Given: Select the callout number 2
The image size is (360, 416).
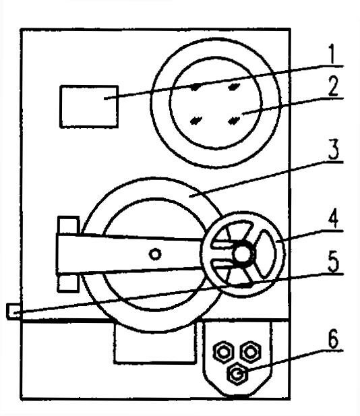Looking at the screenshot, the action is [x=333, y=86].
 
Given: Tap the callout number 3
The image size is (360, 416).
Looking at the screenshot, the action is [x=334, y=150].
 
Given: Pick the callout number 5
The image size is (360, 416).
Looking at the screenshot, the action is [x=334, y=262].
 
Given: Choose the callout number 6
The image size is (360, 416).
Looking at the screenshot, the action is [x=333, y=338].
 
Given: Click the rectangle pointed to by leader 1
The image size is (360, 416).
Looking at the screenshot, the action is [x=89, y=107].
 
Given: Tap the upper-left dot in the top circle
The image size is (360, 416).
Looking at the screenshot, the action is [x=196, y=87].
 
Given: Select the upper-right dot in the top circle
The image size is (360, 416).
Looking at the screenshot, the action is [x=234, y=86].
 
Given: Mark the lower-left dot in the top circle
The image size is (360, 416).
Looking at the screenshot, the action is [x=196, y=121].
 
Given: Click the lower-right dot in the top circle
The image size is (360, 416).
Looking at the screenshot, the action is [x=233, y=121].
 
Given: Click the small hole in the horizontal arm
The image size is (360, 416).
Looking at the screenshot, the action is [x=155, y=254].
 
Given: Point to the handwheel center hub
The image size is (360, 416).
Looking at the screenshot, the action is [x=242, y=254].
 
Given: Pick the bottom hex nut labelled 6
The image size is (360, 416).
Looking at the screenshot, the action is [x=237, y=374].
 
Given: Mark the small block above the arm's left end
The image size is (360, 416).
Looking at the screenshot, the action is [x=69, y=225].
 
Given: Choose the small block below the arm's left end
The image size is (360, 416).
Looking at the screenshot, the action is [x=68, y=283].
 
